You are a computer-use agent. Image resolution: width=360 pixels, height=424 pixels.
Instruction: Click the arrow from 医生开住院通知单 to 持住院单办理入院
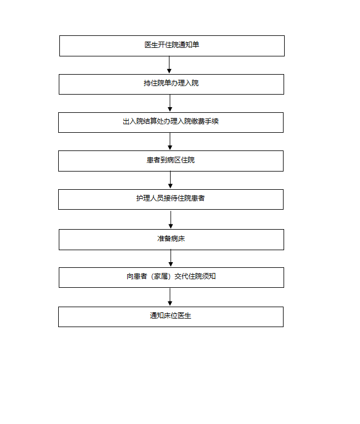pos(169,65)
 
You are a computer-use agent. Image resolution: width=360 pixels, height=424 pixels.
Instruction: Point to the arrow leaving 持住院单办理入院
pos(170,103)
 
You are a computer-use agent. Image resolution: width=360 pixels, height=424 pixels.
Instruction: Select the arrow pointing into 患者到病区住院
pos(170,141)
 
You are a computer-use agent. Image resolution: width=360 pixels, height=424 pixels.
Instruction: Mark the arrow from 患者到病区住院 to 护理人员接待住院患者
pos(170,180)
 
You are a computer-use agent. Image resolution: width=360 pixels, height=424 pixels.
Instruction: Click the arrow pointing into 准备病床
pos(171,220)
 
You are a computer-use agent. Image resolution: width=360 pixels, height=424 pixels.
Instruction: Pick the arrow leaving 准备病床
pos(171,258)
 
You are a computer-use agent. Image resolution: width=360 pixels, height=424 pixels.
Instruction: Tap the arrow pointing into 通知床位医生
pos(170,297)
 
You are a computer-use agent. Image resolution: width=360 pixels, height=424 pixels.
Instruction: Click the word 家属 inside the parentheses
pos(161,276)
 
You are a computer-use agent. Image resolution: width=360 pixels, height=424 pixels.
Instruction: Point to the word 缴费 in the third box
pos(198,121)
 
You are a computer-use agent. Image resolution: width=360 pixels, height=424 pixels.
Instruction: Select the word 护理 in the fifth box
pos(143,198)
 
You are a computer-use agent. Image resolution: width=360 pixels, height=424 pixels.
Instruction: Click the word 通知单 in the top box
pos(189,45)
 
